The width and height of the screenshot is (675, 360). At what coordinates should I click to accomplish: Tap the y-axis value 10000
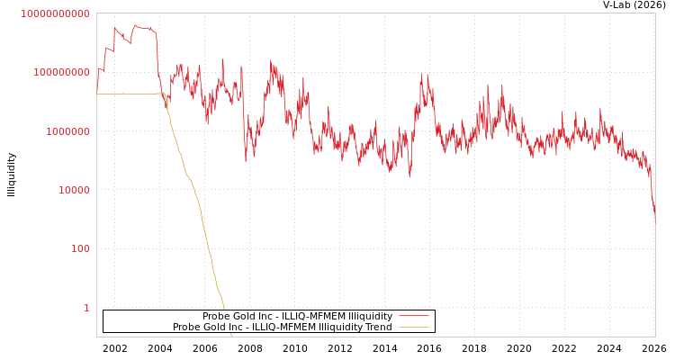click(x=70, y=190)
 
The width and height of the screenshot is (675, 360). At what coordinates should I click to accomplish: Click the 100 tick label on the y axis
click(x=80, y=248)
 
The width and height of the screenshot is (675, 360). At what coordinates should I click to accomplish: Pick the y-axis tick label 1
click(x=86, y=308)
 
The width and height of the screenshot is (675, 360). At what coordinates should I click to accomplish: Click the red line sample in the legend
click(x=413, y=316)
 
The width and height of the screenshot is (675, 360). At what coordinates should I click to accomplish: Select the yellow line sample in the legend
click(x=413, y=327)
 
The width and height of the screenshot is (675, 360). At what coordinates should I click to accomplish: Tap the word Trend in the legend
click(x=378, y=327)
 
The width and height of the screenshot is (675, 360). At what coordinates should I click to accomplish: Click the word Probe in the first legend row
click(x=217, y=316)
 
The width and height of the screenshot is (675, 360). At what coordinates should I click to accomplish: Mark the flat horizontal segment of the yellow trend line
click(x=126, y=94)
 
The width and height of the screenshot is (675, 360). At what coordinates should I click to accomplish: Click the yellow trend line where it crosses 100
click(x=209, y=248)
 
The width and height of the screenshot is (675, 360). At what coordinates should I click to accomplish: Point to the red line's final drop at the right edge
click(x=652, y=202)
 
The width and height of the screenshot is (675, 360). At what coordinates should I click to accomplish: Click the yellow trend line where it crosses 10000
click(x=193, y=190)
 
